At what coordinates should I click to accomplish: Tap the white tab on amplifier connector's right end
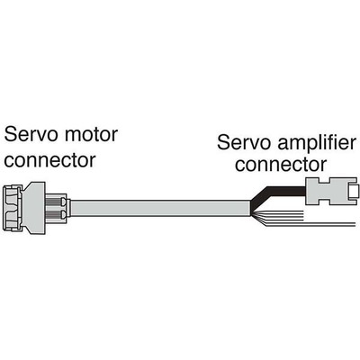click(355, 192)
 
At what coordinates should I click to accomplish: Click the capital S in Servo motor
click(12, 137)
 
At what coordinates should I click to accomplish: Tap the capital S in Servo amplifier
click(224, 144)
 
